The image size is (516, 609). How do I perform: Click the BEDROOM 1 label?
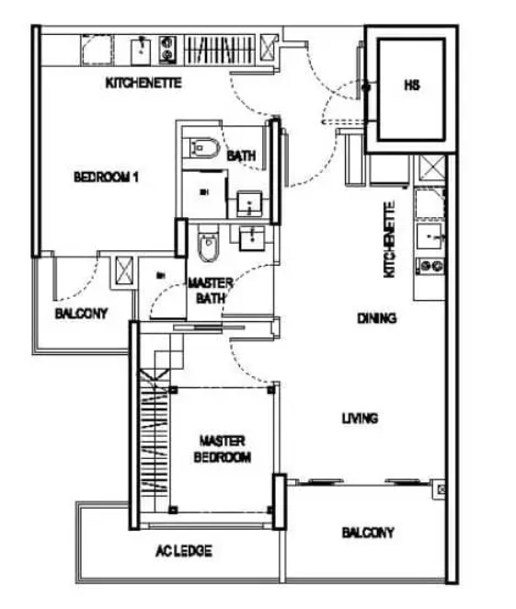click(x=106, y=178)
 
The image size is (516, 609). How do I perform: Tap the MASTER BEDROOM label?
click(x=222, y=449)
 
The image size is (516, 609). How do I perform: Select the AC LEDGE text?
click(x=184, y=551)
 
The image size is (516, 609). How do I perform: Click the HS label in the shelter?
click(x=411, y=85)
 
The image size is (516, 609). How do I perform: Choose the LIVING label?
click(x=360, y=419)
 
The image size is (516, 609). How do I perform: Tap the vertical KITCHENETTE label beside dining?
click(x=389, y=239)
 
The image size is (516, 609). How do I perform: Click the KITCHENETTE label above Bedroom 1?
click(x=143, y=83)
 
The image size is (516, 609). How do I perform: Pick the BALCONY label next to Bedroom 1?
click(x=81, y=314)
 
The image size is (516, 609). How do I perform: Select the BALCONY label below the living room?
click(x=368, y=533)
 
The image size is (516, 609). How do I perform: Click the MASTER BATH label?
click(x=211, y=291)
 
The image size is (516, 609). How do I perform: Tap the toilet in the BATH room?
click(x=201, y=148)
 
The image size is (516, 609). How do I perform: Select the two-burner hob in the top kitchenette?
click(x=167, y=50)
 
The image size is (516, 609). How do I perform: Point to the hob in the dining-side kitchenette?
click(x=431, y=266)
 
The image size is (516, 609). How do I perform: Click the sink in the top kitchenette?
click(x=141, y=51)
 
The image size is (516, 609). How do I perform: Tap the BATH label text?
click(x=241, y=156)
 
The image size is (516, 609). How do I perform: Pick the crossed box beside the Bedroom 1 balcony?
click(x=124, y=270)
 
